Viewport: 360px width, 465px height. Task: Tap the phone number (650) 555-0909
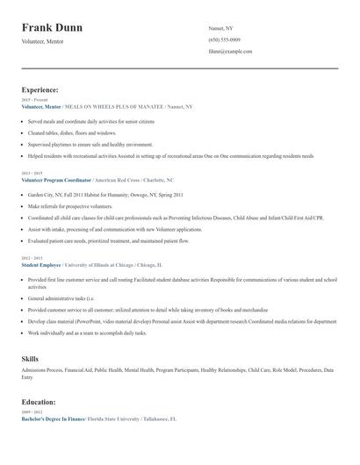[226, 40]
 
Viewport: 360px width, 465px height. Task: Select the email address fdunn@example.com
[230, 52]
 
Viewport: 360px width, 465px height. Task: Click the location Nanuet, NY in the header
[221, 28]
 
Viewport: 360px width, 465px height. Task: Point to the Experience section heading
[40, 89]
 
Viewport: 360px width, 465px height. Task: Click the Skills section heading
[30, 359]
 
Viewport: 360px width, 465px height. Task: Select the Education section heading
[40, 402]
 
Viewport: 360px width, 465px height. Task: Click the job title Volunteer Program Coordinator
[59, 178]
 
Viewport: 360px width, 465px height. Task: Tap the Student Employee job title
[42, 263]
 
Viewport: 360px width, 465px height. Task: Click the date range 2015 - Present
[33, 100]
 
